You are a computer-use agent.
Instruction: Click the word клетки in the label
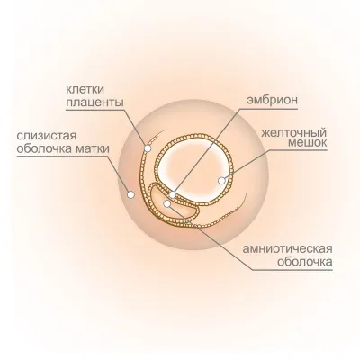(85, 89)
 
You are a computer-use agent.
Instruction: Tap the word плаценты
(94, 103)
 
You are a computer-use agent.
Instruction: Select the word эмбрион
(272, 100)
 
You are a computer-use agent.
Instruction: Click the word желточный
(293, 132)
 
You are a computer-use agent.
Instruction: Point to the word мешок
(308, 143)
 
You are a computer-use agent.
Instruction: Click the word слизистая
(47, 136)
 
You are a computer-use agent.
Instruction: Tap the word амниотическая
(287, 248)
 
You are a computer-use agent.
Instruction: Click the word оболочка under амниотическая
(305, 262)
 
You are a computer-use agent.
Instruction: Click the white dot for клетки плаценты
(148, 148)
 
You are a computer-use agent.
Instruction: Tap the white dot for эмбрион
(173, 194)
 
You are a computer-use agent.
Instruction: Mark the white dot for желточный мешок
(221, 181)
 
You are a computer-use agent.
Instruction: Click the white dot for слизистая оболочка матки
(130, 194)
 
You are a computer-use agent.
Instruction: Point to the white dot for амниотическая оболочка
(167, 204)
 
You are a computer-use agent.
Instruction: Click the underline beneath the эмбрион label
(269, 109)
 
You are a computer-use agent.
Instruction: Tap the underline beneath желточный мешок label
(294, 151)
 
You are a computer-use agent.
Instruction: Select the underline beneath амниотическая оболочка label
(292, 270)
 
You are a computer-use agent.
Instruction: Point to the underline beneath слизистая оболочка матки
(63, 157)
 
